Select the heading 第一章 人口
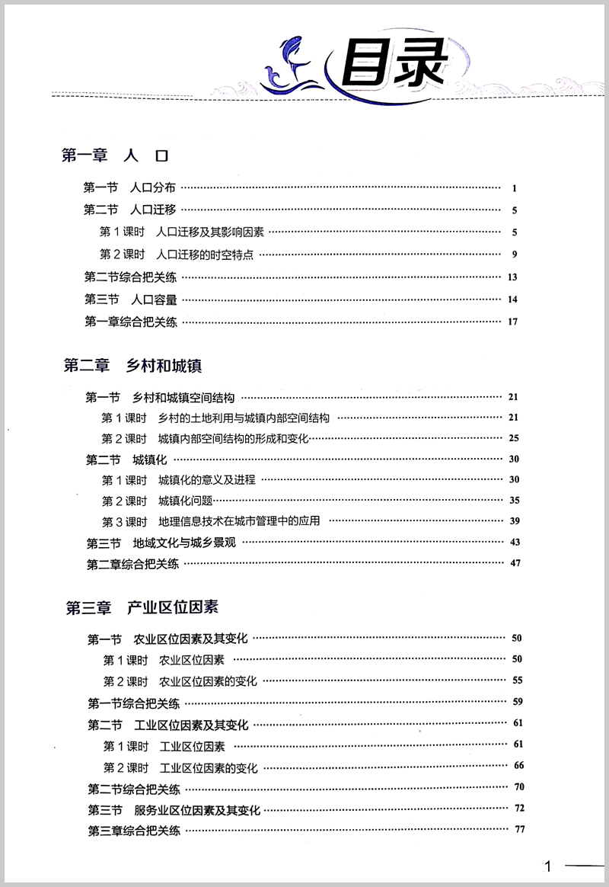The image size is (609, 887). coord(114,156)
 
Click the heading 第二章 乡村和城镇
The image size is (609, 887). coord(132,366)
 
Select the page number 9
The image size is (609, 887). coord(515,254)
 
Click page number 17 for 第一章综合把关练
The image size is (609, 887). coord(512,322)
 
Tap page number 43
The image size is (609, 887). coord(515,542)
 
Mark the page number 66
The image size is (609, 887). coord(519,765)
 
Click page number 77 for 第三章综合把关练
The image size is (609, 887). coord(520,830)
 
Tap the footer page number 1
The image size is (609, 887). coord(547,866)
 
